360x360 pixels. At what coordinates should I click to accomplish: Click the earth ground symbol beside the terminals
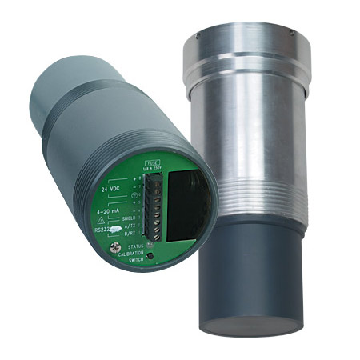coord(138,195)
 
